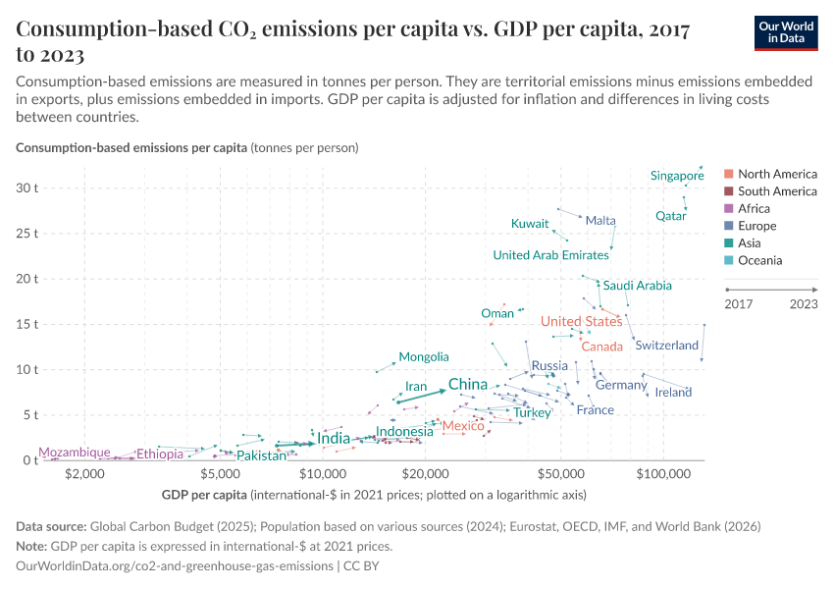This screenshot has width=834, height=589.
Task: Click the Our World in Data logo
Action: pyautogui.click(x=786, y=31)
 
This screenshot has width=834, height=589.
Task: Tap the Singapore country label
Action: pyautogui.click(x=677, y=176)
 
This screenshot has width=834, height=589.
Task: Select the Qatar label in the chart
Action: pyautogui.click(x=671, y=216)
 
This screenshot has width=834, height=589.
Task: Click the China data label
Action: pyautogui.click(x=468, y=384)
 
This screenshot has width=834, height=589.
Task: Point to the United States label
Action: pyautogui.click(x=581, y=322)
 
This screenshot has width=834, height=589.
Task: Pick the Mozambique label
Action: pyautogui.click(x=75, y=453)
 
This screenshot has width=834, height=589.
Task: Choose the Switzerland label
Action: pyautogui.click(x=666, y=346)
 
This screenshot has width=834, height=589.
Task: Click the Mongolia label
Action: pyautogui.click(x=424, y=357)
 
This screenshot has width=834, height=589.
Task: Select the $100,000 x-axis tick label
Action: pyautogui.click(x=663, y=474)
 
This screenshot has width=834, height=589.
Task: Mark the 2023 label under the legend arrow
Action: pyautogui.click(x=803, y=304)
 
